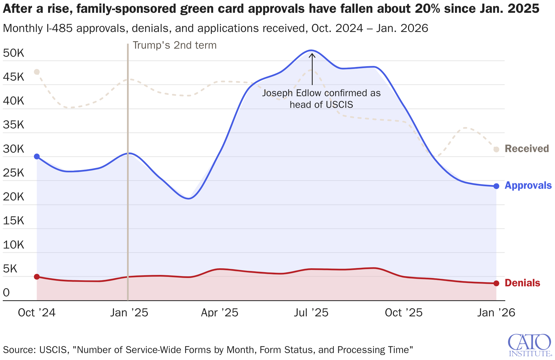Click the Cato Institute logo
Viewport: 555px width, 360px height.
[529, 345]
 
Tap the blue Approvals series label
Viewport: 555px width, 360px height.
[528, 185]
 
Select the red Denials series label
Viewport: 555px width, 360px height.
[522, 283]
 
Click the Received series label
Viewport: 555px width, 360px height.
[527, 149]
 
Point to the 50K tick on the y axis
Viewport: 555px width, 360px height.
[14, 53]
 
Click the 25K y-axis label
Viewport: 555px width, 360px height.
[14, 173]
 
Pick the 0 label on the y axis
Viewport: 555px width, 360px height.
[6, 292]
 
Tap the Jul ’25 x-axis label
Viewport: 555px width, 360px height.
[311, 313]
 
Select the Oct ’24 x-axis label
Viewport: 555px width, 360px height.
[37, 313]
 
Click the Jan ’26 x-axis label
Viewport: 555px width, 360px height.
[496, 313]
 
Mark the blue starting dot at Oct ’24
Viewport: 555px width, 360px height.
[37, 157]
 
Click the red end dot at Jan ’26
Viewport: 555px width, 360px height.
[496, 283]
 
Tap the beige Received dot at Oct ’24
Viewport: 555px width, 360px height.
[37, 72]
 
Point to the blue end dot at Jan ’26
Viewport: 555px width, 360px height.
[496, 186]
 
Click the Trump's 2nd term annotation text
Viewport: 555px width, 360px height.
[175, 45]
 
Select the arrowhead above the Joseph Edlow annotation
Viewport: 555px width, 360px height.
[312, 55]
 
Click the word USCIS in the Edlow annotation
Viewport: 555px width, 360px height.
[339, 105]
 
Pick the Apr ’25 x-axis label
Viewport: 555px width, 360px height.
[220, 313]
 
